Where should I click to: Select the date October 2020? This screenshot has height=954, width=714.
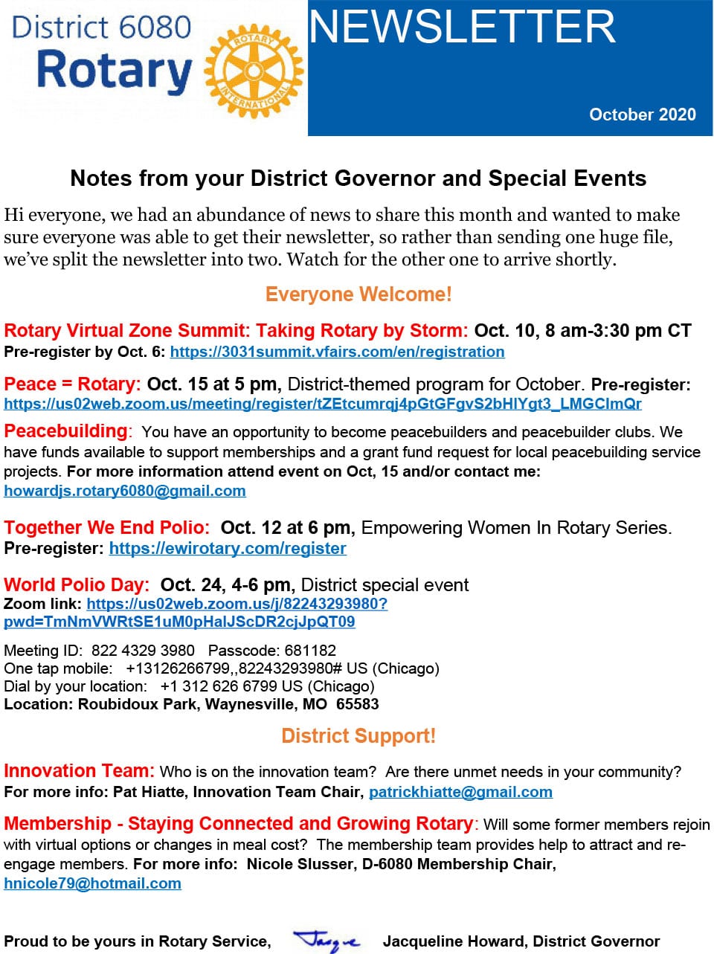[x=642, y=115]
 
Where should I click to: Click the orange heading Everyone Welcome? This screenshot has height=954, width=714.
[x=358, y=294]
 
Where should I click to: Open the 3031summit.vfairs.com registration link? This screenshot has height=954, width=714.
[x=337, y=352]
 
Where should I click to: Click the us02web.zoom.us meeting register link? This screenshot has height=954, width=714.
[x=322, y=404]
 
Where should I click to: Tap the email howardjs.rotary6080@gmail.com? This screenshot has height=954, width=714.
[x=125, y=491]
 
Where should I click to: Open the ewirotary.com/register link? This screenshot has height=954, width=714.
[x=228, y=549]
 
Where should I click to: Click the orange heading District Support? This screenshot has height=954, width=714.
[x=358, y=736]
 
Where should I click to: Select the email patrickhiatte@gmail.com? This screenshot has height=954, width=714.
[x=460, y=792]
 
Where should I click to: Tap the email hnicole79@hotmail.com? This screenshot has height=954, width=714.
[x=92, y=883]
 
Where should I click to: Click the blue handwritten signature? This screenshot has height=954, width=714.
[x=326, y=941]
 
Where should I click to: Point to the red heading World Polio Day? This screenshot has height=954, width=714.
[x=77, y=585]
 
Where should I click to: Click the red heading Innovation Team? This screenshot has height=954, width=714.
[x=79, y=771]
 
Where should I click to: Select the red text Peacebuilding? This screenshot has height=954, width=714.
[x=65, y=431]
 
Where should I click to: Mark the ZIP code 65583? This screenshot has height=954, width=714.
[x=357, y=704]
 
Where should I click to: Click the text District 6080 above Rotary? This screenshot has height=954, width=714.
[x=102, y=28]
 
